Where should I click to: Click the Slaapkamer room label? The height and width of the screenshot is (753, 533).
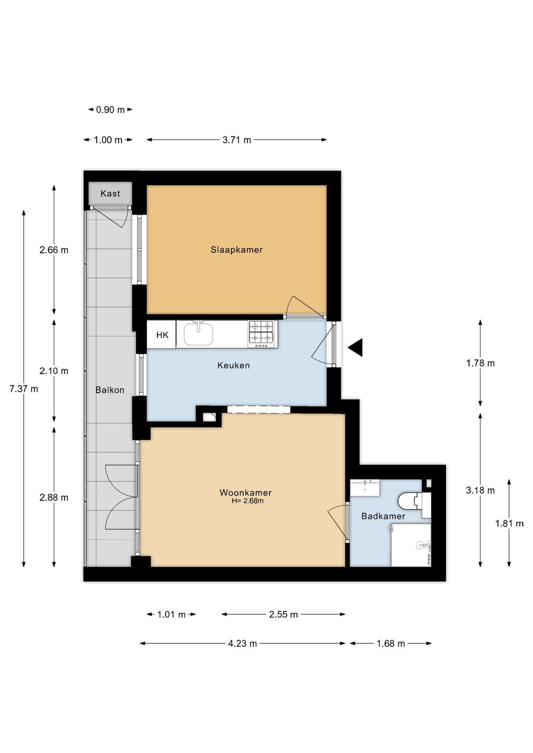[236, 250]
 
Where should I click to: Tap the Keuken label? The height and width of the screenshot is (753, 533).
[234, 366]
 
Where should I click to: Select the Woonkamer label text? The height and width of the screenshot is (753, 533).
[246, 493]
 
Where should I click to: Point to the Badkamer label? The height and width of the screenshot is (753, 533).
[383, 516]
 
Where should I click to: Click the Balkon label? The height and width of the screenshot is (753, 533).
[110, 390]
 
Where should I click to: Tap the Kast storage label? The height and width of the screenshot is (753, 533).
[110, 193]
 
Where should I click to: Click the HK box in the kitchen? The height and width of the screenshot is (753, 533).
[162, 335]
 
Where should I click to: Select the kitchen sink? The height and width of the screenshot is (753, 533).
[199, 334]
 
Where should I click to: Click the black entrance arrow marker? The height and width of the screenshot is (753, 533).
[355, 347]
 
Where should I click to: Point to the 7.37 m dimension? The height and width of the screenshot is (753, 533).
[24, 389]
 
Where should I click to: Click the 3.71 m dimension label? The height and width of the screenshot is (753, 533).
[237, 140]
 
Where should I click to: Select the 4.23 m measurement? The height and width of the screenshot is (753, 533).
[243, 644]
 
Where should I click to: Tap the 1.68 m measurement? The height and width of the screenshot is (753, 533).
[391, 644]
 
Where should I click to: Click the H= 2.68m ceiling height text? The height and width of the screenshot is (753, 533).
[248, 501]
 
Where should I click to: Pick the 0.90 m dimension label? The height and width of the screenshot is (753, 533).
[110, 110]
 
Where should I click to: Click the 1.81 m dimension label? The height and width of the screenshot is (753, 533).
[509, 524]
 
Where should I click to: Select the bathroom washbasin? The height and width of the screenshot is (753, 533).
[365, 487]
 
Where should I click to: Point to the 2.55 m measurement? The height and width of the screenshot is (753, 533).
[283, 615]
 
